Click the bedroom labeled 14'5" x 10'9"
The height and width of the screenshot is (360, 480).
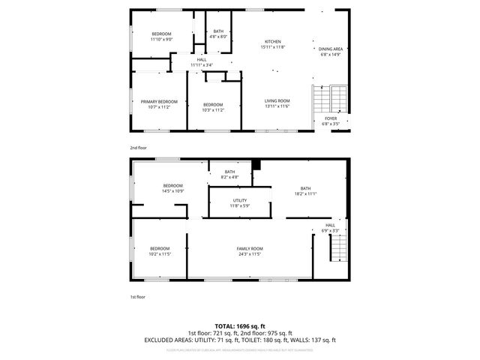(x=173, y=187)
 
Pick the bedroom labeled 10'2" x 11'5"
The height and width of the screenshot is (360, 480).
(x=160, y=251)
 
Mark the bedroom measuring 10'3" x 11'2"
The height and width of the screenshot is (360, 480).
(x=212, y=106)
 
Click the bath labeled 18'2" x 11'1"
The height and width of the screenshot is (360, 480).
(x=305, y=190)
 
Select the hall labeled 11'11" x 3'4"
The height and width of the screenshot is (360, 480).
(x=201, y=62)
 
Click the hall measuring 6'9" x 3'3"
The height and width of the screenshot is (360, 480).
(x=330, y=227)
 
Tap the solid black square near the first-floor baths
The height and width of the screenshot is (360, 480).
(x=256, y=164)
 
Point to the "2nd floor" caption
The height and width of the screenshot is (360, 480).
(x=138, y=148)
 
